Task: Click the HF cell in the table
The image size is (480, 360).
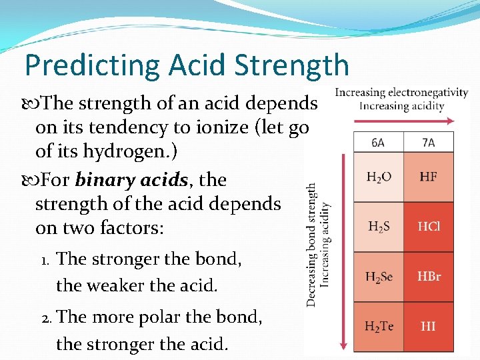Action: click(429, 177)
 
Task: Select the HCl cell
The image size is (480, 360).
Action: click(429, 227)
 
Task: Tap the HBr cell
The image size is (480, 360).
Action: click(429, 277)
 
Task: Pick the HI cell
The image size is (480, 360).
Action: click(429, 327)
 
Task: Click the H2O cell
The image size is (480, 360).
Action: click(378, 177)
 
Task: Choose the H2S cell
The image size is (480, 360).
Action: click(378, 227)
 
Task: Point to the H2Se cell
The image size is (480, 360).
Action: click(378, 277)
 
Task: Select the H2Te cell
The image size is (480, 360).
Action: click(378, 327)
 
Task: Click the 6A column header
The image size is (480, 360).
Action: click(378, 142)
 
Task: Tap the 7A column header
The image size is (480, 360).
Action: click(429, 142)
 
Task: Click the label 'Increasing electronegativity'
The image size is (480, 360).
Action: click(401, 93)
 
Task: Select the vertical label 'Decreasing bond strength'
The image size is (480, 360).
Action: click(312, 245)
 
